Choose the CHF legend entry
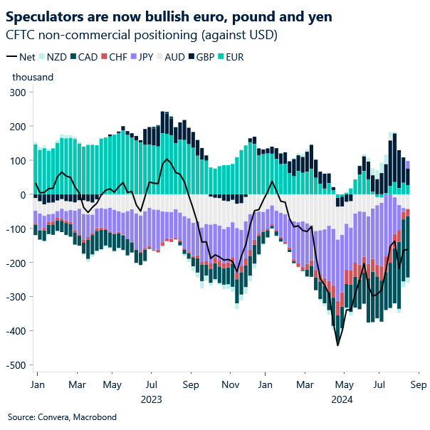pos(107,57)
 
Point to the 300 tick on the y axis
pos(16,93)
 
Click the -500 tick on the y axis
pos(14,365)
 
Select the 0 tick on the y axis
pos(22,195)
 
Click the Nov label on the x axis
pos(229,384)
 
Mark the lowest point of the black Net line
pos(337,345)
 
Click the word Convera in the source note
pos(53,416)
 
